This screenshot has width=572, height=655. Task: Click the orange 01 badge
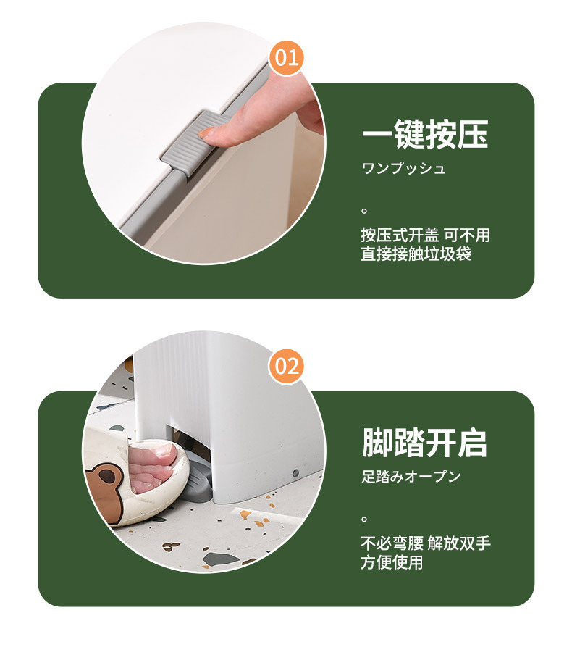click(x=287, y=58)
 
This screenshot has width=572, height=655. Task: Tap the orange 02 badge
click(x=287, y=366)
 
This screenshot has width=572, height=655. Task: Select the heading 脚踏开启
click(x=424, y=442)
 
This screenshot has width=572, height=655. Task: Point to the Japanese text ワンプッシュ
click(x=403, y=169)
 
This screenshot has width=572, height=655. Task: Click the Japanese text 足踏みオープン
click(x=411, y=477)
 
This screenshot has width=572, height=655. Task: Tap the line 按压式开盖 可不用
click(x=425, y=235)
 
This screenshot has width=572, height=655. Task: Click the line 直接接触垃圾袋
click(x=416, y=254)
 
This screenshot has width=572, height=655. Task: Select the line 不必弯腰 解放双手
click(x=426, y=543)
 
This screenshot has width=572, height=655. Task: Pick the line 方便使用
click(x=392, y=562)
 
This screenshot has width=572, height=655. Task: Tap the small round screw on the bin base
click(x=295, y=472)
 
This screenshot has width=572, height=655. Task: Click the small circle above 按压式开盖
click(x=365, y=211)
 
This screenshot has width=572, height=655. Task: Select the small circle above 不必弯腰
click(x=365, y=519)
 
